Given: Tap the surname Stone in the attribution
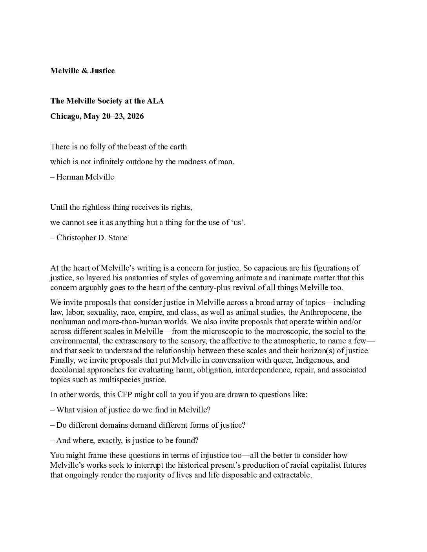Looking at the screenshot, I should point(117,238).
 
